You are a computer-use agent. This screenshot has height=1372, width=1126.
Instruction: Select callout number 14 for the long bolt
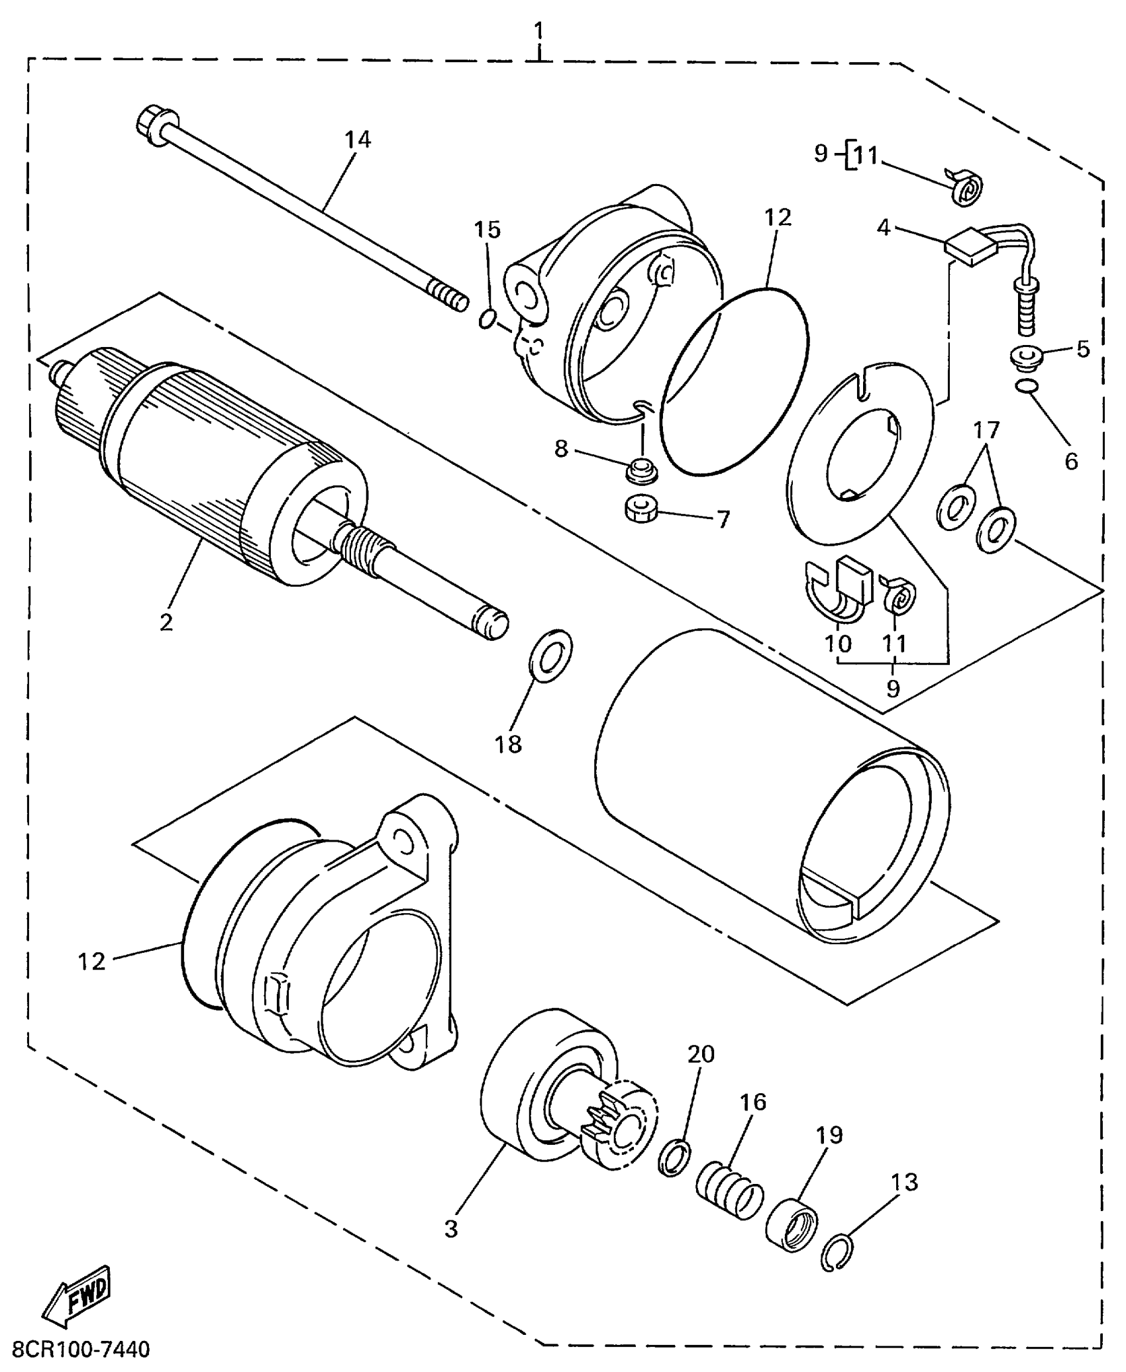coord(358,140)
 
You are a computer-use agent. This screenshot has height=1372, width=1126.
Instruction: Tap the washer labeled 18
coord(550,656)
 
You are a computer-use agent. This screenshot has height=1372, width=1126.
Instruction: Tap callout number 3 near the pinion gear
coord(451,1229)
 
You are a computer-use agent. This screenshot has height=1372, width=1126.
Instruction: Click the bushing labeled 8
coord(640,471)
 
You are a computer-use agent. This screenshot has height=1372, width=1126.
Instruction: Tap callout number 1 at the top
coord(540,30)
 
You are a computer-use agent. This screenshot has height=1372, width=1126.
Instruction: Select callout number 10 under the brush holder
coord(838,642)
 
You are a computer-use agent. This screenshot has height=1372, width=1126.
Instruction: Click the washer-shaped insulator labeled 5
coord(1026,357)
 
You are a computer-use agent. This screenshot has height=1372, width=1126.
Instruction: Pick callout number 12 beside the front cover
coord(91,961)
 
